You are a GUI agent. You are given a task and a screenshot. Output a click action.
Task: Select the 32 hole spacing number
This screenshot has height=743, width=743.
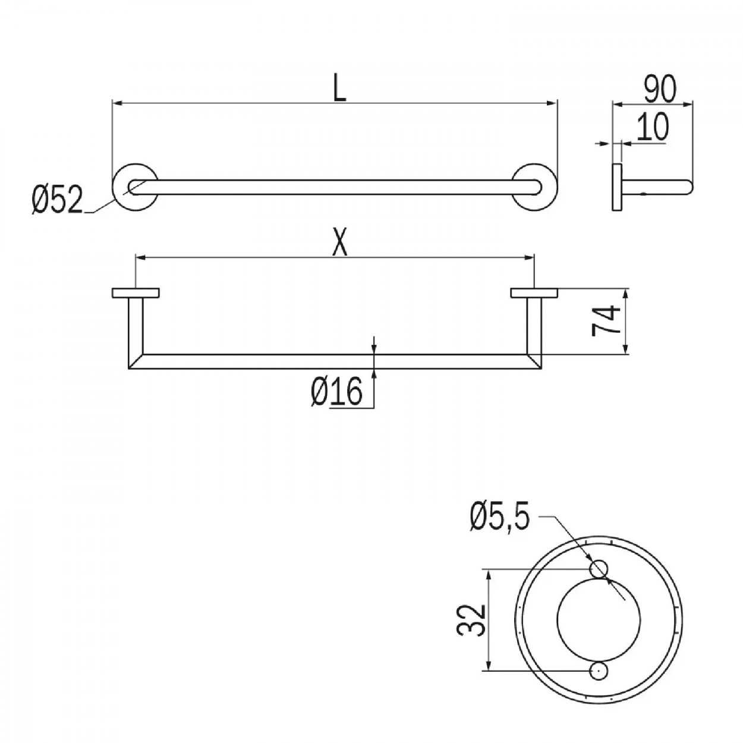(470, 620)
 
